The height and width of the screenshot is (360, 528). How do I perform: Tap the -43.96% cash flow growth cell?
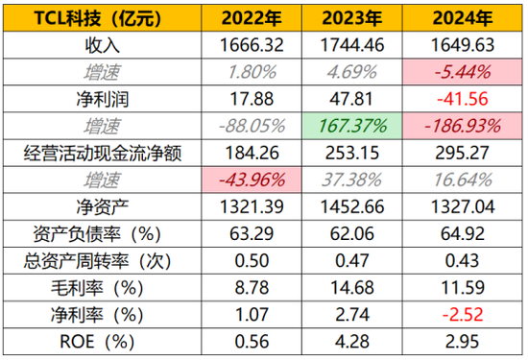point(250,179)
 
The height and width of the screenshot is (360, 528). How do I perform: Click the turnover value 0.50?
point(250,259)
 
